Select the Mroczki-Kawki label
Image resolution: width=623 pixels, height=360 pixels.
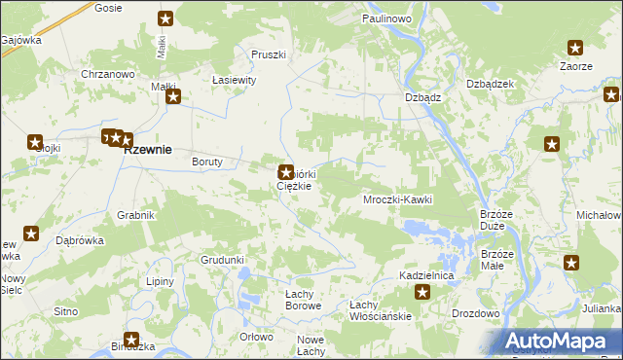click(x=396, y=199)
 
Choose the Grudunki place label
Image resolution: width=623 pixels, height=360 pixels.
click(x=222, y=260)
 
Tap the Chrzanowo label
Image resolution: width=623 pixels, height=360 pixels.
click(x=107, y=74)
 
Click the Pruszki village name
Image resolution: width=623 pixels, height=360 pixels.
click(x=268, y=54)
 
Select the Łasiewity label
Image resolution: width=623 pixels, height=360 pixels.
click(x=234, y=81)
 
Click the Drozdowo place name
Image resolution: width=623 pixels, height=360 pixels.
click(x=475, y=313)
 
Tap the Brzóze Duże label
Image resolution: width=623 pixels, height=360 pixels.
click(x=496, y=219)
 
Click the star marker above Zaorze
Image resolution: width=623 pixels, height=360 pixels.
click(x=575, y=47)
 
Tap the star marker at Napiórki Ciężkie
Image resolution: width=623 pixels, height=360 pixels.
click(x=286, y=171)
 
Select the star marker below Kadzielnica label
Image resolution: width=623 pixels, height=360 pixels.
click(x=422, y=292)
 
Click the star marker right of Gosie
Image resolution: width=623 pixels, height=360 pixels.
click(x=166, y=18)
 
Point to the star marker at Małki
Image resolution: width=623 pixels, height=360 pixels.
click(x=173, y=96)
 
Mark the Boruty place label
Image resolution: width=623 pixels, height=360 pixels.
click(x=207, y=162)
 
